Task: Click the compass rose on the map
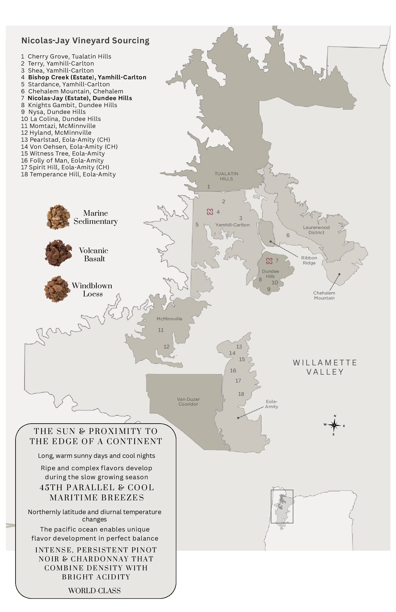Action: [x=334, y=425]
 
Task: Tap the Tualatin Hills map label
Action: [x=226, y=176]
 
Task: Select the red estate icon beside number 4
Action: [x=210, y=212]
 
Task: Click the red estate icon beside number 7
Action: [x=269, y=261]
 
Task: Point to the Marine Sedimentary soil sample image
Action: [x=58, y=217]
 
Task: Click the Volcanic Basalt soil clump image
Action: [x=58, y=253]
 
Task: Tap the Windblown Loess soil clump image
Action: [x=57, y=289]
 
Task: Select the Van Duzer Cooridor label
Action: [x=188, y=402]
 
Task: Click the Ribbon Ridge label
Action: [x=309, y=260]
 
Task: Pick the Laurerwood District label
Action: [x=316, y=230]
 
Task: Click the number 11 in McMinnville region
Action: [x=161, y=330]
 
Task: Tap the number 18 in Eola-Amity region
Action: [x=241, y=394]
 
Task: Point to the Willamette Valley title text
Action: [x=325, y=367]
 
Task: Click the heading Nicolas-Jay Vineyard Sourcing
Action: [x=85, y=40]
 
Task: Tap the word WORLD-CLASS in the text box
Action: [x=94, y=590]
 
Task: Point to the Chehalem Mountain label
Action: [x=324, y=295]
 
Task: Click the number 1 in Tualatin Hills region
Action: [x=208, y=186]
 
